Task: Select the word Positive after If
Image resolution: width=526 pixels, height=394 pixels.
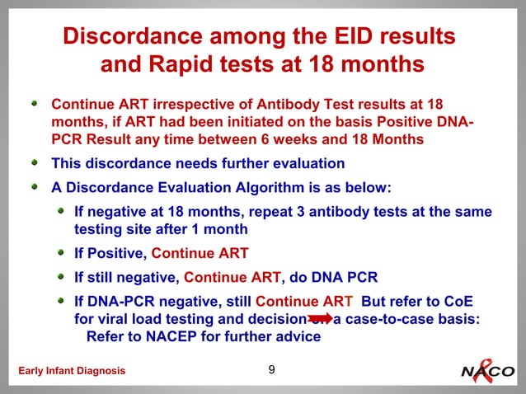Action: (x=116, y=253)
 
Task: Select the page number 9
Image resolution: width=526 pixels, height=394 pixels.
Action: (x=272, y=369)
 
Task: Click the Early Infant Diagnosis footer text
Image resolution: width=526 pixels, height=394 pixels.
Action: (x=67, y=371)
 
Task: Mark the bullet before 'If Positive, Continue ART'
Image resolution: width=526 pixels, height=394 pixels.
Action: (x=62, y=253)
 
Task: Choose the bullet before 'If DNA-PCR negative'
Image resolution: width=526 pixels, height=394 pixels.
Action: (x=62, y=301)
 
